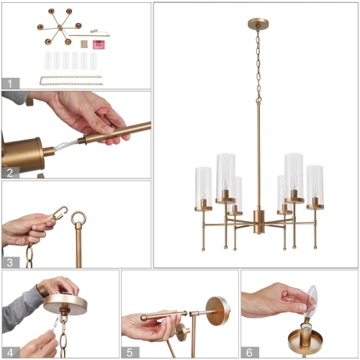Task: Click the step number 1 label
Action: pyautogui.click(x=10, y=83)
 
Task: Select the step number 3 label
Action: pyautogui.click(x=10, y=262)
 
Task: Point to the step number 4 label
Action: pyautogui.click(x=10, y=352)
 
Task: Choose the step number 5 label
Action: pyautogui.click(x=130, y=352)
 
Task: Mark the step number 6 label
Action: pyautogui.click(x=249, y=352)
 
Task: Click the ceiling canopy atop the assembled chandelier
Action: pyautogui.click(x=256, y=23)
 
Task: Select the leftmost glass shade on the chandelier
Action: pyautogui.click(x=204, y=186)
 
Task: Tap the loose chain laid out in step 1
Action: pyautogui.click(x=71, y=78)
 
